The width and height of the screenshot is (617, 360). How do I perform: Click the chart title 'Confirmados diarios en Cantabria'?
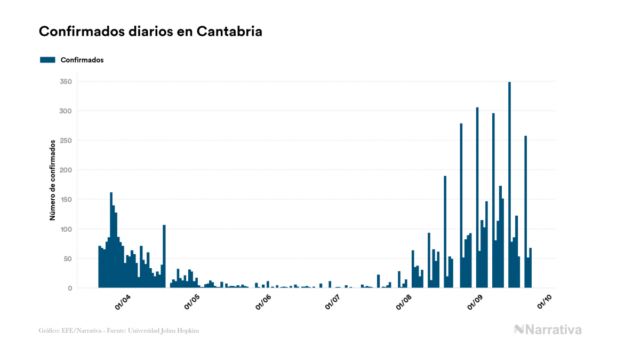click(150, 32)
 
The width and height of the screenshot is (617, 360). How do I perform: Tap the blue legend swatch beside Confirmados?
click(47, 60)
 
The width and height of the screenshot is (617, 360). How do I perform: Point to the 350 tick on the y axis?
click(66, 82)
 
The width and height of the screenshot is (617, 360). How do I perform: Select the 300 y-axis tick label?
click(66, 111)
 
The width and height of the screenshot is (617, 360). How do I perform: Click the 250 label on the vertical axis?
click(66, 140)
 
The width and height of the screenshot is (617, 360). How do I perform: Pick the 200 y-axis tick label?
click(66, 170)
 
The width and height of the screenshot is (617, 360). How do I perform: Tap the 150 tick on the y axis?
click(66, 200)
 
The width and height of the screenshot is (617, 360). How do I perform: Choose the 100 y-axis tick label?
click(66, 229)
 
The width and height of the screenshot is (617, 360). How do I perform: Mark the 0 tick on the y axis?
click(69, 288)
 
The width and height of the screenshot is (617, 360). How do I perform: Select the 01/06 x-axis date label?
click(263, 302)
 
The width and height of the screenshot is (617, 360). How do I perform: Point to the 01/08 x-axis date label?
click(404, 302)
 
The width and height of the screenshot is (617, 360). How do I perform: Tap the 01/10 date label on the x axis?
click(544, 302)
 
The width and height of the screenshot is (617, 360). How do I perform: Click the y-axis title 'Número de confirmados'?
click(53, 181)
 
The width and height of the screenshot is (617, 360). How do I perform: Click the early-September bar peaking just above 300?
click(477, 198)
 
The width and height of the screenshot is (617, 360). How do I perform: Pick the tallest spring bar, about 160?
click(111, 240)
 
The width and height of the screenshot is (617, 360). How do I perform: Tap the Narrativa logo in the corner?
click(548, 330)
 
